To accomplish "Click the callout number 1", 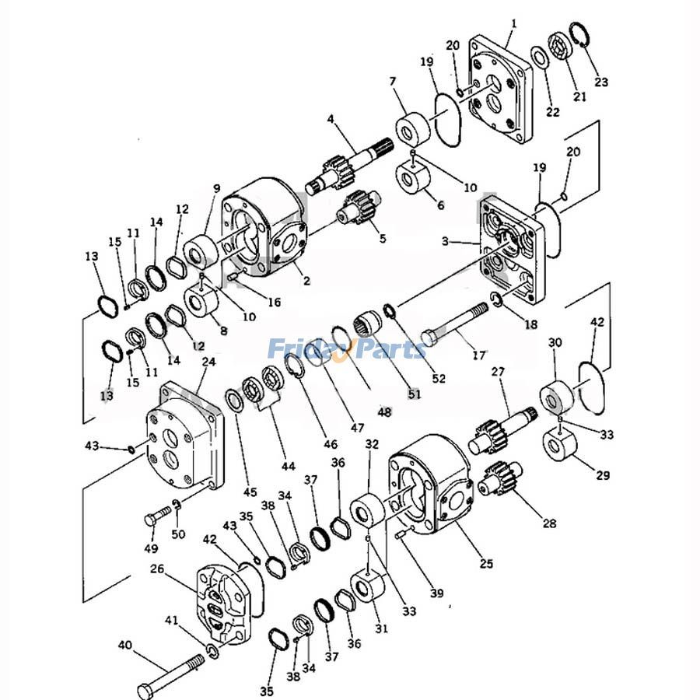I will point(513,24).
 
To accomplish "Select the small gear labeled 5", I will point(359,208).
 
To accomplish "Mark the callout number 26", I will point(157,569).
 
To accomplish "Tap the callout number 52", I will point(439,379).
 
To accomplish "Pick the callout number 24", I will point(208,362).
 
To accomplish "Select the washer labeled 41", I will point(212,650).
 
